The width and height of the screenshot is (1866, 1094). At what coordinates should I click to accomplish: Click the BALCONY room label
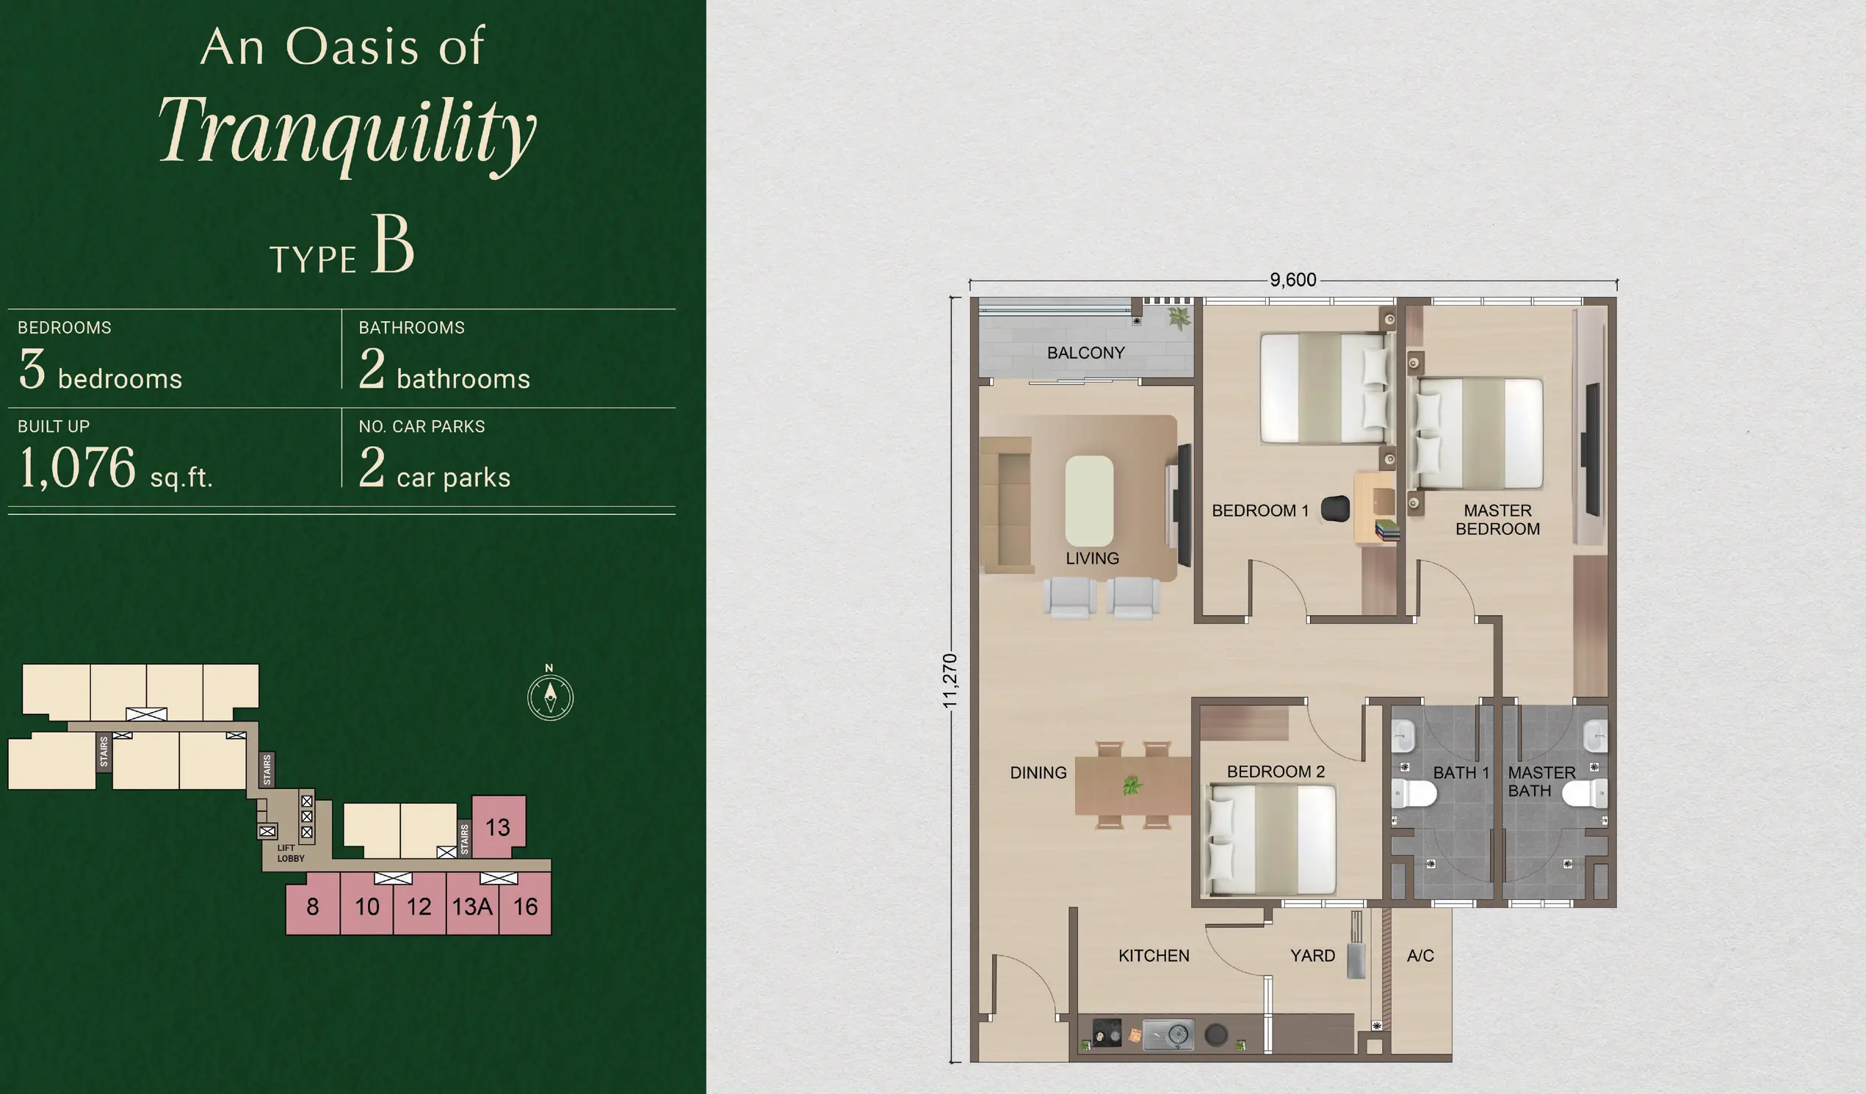(1085, 353)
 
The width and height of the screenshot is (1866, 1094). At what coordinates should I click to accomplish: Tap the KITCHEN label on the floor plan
(1154, 956)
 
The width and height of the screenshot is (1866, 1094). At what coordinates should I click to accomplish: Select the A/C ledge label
(1420, 956)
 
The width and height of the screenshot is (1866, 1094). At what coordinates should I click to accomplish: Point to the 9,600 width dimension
(1293, 280)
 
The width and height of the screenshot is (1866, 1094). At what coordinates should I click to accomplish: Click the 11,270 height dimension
(950, 680)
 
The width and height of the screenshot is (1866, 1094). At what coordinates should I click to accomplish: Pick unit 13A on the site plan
(472, 906)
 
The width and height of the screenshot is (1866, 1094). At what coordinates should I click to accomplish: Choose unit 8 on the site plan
(313, 905)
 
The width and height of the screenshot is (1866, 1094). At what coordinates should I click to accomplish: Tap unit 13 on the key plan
(499, 827)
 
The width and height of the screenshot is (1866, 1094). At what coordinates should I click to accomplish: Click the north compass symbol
(550, 697)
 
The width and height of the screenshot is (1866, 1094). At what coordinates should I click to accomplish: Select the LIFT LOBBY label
(290, 853)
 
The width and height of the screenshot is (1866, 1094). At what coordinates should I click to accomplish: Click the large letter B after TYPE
(392, 244)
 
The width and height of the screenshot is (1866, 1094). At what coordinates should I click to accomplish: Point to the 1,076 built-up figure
(78, 468)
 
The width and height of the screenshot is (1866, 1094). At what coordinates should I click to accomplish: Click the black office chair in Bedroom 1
(1335, 509)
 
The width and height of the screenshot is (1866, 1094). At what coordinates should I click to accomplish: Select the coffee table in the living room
(1088, 500)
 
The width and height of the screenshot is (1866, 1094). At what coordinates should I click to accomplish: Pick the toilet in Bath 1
(1414, 793)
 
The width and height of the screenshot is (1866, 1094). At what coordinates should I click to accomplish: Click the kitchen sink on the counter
(1168, 1034)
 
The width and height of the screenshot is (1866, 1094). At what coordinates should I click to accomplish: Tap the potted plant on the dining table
(1131, 785)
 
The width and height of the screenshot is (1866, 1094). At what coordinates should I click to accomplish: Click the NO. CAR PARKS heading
(422, 427)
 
